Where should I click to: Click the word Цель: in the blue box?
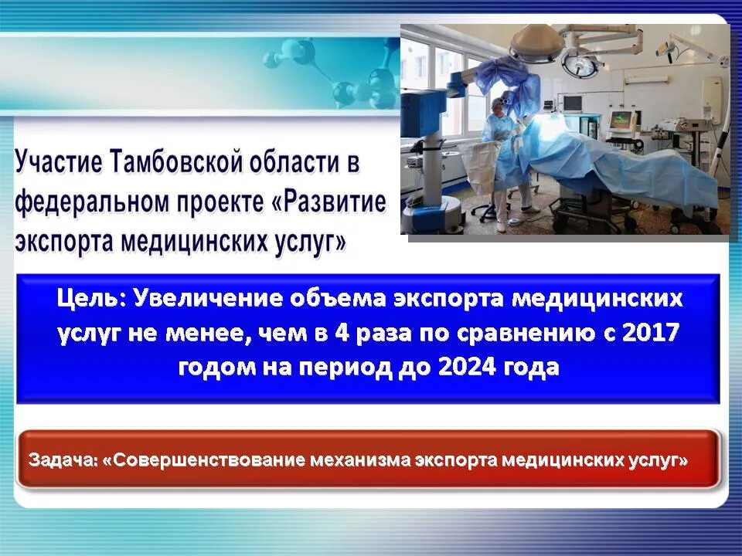91,298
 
